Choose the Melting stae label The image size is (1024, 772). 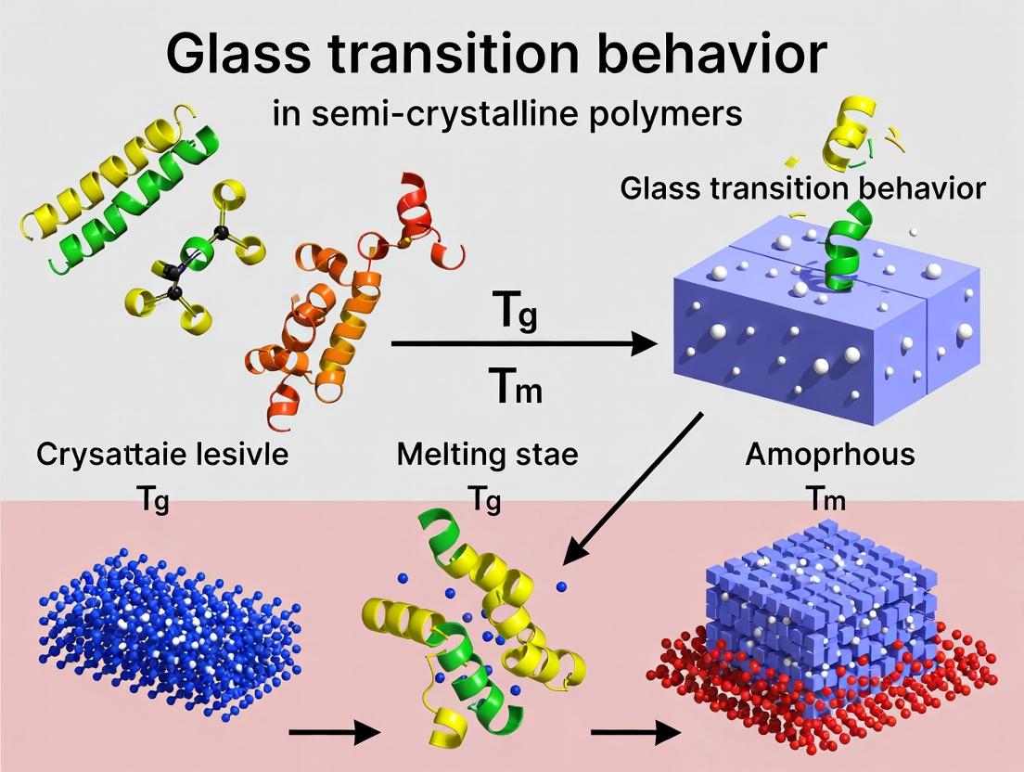[487, 455]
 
